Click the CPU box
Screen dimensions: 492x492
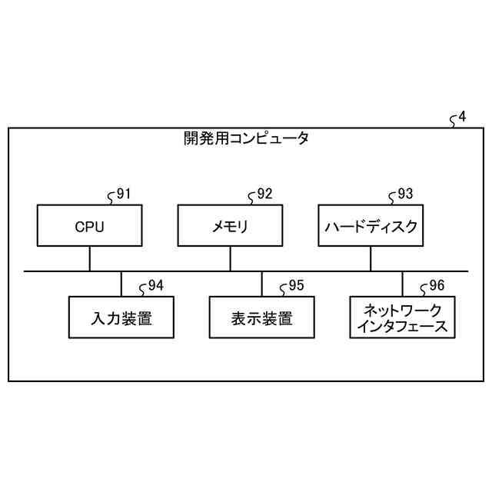[x=89, y=226]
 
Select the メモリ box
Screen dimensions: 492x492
[x=230, y=226]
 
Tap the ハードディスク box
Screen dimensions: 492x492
[x=371, y=226]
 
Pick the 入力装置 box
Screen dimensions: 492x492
[x=121, y=317]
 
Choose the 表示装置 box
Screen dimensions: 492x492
[x=261, y=317]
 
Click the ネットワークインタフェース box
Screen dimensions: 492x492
[x=402, y=317]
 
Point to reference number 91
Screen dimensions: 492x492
[x=123, y=194]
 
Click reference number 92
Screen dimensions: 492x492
[x=264, y=194]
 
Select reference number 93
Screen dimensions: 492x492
[x=405, y=194]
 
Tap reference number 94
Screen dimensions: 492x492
[x=155, y=286]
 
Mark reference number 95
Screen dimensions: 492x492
[x=296, y=286]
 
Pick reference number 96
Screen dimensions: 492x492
[x=437, y=286]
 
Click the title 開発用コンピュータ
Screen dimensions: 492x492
[x=246, y=139]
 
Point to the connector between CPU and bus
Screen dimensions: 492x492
[x=89, y=259]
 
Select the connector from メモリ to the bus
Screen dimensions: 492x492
[x=230, y=259]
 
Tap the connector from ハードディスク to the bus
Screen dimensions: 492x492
[x=371, y=259]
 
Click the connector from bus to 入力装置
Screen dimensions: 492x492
[x=121, y=284]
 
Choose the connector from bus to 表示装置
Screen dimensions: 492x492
[x=261, y=284]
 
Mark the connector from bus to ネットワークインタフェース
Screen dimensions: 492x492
[x=402, y=284]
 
